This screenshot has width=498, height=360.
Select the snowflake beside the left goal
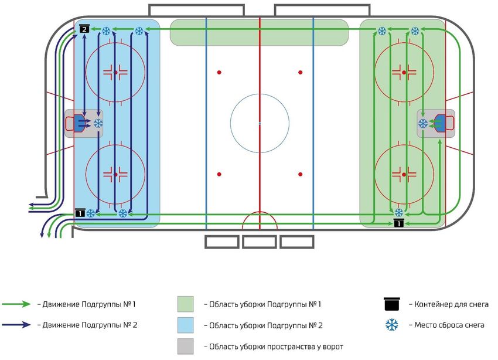coord(98,123)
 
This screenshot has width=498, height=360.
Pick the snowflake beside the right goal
coord(422,123)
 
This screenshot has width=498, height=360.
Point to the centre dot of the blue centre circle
coord(260,123)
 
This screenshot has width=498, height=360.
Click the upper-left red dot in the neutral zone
coord(220,72)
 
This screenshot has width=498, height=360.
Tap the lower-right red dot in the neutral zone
coord(300,174)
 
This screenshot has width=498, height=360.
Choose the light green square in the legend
coord(185,304)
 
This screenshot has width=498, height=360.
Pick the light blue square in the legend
coord(185,324)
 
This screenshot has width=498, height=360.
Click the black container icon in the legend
coord(392,304)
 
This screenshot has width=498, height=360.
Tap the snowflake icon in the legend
coord(392,324)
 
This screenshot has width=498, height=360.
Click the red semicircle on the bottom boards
coord(260,220)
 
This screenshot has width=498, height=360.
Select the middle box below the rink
coord(259,242)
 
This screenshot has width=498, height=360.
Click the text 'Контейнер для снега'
coord(451,304)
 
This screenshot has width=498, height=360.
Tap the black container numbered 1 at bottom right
coord(398,223)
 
